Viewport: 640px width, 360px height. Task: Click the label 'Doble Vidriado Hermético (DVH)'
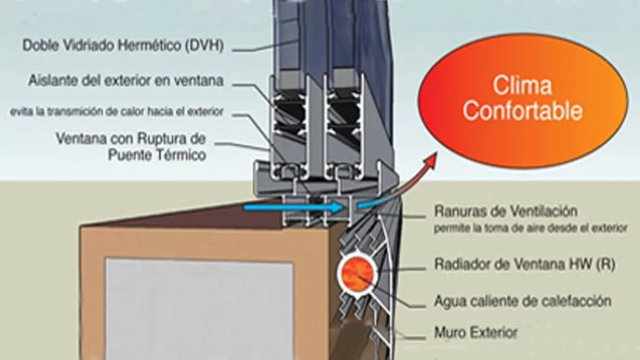(x=123, y=45)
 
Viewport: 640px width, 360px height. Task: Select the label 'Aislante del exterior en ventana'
(x=126, y=81)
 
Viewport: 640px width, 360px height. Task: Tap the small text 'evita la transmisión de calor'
(x=116, y=112)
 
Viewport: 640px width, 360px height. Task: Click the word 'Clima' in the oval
(x=522, y=86)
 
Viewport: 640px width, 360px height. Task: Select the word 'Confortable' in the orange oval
(x=522, y=110)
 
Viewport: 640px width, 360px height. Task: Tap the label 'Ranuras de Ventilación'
(x=506, y=211)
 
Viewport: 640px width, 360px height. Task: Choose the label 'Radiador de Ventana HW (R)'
(x=524, y=264)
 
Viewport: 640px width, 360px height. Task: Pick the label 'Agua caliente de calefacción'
(x=522, y=301)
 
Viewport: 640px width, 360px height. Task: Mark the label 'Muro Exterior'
(x=476, y=332)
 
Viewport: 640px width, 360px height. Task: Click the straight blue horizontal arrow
(x=292, y=207)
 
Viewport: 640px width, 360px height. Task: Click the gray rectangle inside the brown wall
(x=199, y=308)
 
